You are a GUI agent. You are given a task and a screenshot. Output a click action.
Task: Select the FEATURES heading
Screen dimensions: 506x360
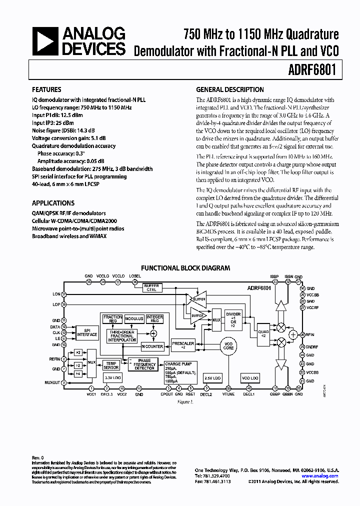[46, 90]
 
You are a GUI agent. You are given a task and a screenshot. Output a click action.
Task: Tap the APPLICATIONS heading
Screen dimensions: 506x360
[53, 203]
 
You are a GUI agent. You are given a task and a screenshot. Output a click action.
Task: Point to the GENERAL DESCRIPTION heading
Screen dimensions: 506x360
[229, 90]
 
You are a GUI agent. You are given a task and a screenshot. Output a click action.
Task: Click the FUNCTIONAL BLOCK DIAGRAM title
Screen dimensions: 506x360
[185, 268]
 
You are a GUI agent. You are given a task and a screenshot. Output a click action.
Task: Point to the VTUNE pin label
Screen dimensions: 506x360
[229, 394]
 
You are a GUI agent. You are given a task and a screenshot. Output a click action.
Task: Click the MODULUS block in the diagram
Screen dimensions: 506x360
[134, 318]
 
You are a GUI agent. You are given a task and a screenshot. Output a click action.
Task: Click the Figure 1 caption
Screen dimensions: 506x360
[185, 401]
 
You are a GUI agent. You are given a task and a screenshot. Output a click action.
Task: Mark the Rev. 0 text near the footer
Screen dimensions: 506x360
[38, 457]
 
